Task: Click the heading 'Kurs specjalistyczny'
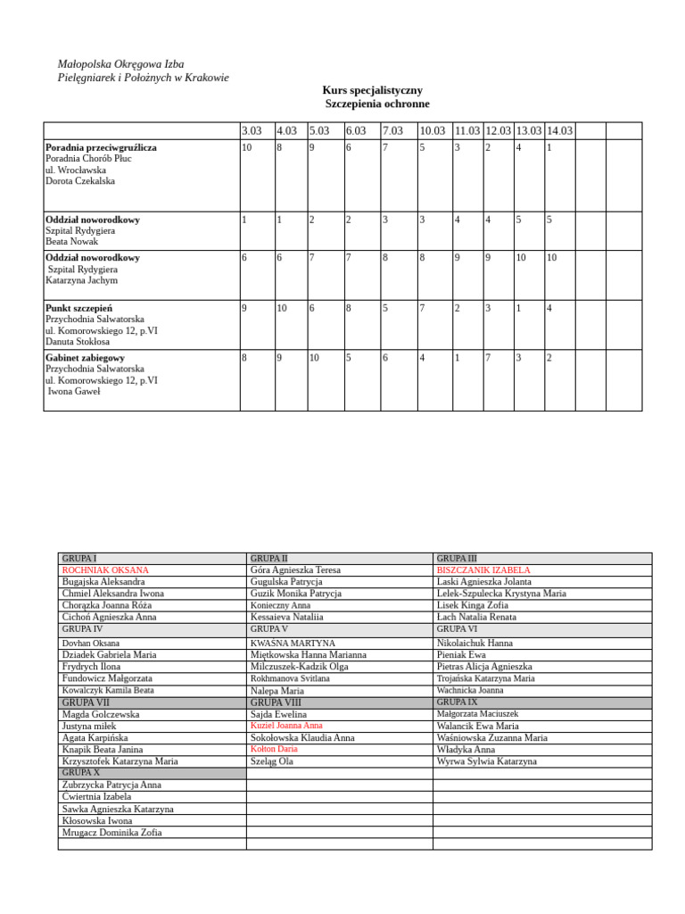coord(372,90)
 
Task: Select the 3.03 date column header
coord(252,131)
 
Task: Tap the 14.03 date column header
coord(559,131)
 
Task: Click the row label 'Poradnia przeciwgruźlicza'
coord(101,147)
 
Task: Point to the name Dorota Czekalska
coord(80,181)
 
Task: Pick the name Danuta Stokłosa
coord(78,341)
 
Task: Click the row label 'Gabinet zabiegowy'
coord(85,358)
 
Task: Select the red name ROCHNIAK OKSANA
coord(105,569)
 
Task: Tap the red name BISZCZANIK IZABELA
coord(483,569)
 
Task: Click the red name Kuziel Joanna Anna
coord(286,726)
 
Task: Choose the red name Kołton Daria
coord(274,749)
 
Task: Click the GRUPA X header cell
coord(81,773)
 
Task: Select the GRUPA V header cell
coord(269,629)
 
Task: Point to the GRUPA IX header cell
coord(457,702)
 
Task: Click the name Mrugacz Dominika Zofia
coord(111,832)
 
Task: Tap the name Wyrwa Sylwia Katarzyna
coord(487,761)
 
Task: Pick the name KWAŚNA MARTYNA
coord(293,643)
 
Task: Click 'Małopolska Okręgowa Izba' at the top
coord(120,63)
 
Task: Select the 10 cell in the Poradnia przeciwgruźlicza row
coord(247,147)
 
